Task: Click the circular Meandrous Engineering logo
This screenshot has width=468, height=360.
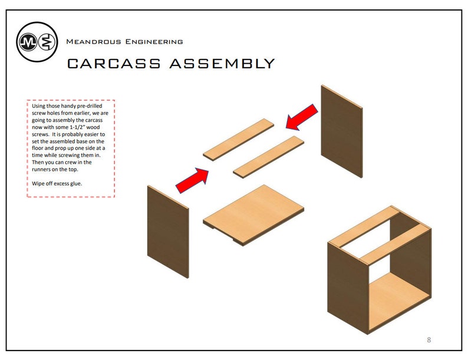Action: coord(37,41)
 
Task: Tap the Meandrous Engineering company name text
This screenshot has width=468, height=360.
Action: coord(124,42)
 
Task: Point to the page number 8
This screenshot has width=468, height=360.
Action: coord(429,340)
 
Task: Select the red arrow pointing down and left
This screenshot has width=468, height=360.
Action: coord(302,117)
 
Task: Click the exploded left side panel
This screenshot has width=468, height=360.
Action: coord(167,231)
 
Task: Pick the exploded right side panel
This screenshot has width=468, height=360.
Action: coord(341,130)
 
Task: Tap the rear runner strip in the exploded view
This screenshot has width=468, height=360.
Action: coord(239,140)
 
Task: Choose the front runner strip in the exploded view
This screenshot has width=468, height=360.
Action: coord(268,157)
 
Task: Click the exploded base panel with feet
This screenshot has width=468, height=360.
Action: coord(253,214)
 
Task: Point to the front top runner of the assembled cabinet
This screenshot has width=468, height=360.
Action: coord(393,243)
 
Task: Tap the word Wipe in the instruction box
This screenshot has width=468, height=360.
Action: coord(38,184)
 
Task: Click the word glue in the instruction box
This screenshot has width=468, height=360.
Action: coord(75,184)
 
